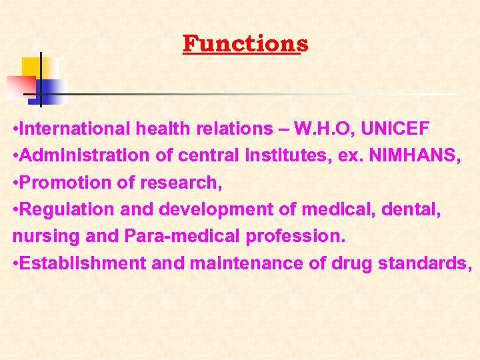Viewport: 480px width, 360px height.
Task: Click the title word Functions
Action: click(245, 44)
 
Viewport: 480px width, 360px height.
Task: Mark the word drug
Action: click(350, 264)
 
